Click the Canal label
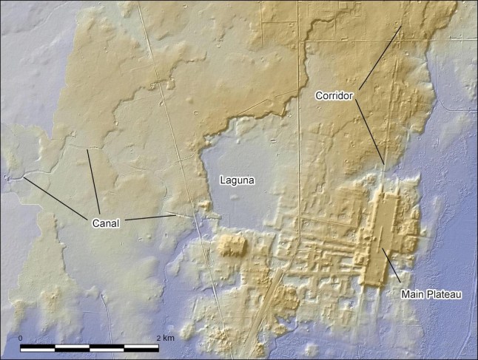pos(107,222)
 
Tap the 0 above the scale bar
pos(21,337)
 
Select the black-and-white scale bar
pos(90,347)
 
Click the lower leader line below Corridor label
pos(370,133)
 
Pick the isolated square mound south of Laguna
pos(231,245)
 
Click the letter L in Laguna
pos(222,180)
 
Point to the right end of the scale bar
pos(158,347)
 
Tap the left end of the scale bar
pos(21,347)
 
